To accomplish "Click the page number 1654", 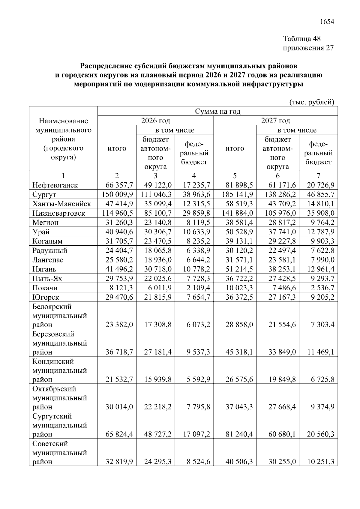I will pos(327,22).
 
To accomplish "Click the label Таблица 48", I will pos(302,39).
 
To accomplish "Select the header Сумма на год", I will pos(218,111).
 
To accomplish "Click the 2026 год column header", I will pos(155,121).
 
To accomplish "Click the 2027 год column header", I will pos(275,121).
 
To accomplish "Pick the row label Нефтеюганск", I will pos(55,185).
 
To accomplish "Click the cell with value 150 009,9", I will pos(117,194).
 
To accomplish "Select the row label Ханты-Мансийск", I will pos(61,204).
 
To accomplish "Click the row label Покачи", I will pos(45,288).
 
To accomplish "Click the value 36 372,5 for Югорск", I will pos(239,297).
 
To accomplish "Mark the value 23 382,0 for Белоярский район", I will pos(119,325).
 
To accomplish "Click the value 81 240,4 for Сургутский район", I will pos(239,434).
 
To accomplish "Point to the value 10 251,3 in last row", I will pos(320,462).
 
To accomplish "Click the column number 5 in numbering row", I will pos(235,176).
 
